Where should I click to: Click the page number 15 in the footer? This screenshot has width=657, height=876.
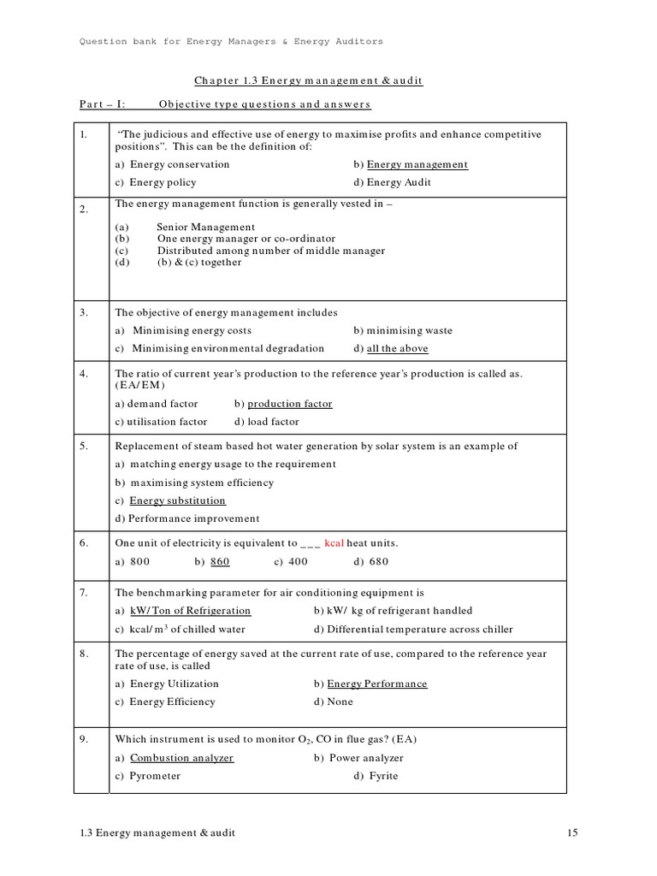pos(573,832)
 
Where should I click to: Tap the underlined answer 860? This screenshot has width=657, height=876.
pos(220,562)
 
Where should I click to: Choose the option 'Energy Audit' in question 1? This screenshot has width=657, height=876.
pos(399,182)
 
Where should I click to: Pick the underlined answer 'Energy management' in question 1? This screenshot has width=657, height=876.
pos(417,164)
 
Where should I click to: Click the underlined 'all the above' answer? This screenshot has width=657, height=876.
pos(397,349)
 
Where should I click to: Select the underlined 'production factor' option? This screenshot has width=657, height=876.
pos(290,404)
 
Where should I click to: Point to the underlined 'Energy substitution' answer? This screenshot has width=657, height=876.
pos(177,500)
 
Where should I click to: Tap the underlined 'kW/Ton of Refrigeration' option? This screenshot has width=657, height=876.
pos(190,611)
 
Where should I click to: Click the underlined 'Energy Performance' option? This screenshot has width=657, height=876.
pos(377,684)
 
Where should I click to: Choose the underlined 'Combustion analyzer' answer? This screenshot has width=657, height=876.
pos(181,758)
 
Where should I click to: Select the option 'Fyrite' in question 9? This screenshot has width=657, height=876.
pos(383,776)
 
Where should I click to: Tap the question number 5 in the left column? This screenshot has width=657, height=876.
pos(84,446)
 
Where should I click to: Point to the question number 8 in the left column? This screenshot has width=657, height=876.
pos(84,654)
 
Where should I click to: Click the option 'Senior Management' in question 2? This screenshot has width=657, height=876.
pos(206,228)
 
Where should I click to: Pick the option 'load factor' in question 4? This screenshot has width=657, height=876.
pos(273,422)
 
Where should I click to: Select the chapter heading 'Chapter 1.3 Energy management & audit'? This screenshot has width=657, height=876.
pos(309,81)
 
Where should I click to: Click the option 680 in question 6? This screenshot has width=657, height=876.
pos(377,562)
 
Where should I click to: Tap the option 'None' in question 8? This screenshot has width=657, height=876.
pos(340,701)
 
